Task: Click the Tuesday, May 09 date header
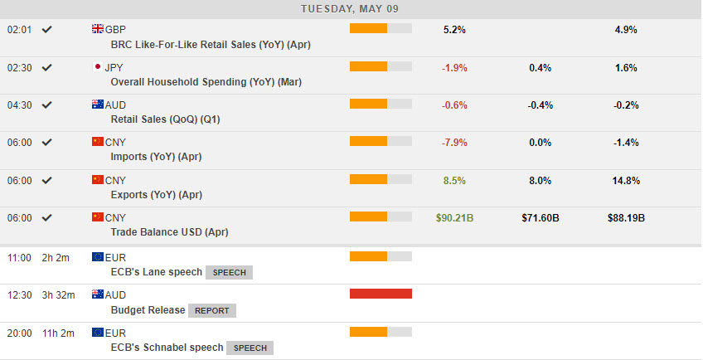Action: point(351,8)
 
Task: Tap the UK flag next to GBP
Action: point(98,29)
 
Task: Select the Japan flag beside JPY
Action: point(98,67)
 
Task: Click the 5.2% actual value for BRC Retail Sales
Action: point(454,30)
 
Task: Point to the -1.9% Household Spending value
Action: point(454,68)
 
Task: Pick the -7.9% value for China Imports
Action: point(454,143)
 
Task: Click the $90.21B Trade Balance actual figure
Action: point(455,218)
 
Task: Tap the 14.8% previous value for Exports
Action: point(626,181)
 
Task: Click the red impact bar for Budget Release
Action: point(381,293)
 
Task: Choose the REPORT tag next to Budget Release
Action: point(212,310)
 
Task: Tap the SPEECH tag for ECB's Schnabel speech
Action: point(250,348)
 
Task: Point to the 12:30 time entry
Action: point(19,294)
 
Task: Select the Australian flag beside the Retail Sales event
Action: point(98,105)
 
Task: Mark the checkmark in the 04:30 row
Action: point(47,105)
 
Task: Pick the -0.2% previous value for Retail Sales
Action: point(626,105)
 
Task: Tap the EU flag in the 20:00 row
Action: point(98,332)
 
